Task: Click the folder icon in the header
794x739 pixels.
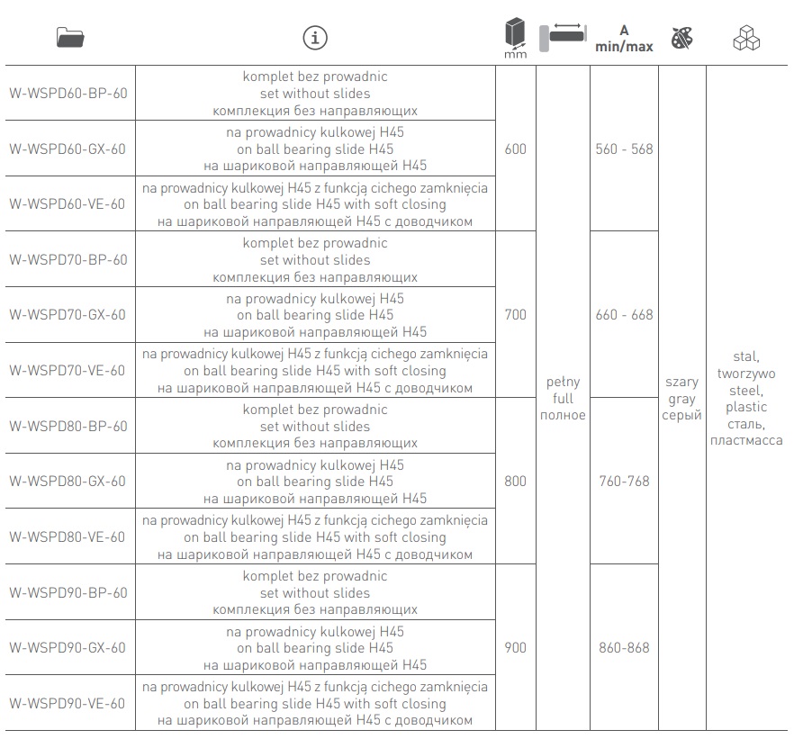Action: pyautogui.click(x=70, y=38)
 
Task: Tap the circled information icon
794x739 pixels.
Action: pyautogui.click(x=315, y=38)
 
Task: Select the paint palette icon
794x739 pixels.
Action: pyautogui.click(x=681, y=38)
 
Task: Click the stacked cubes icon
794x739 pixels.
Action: pyautogui.click(x=746, y=38)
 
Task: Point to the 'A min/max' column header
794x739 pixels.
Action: pyautogui.click(x=624, y=39)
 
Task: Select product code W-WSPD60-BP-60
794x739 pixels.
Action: pyautogui.click(x=68, y=94)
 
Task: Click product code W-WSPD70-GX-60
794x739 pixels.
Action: pyautogui.click(x=68, y=315)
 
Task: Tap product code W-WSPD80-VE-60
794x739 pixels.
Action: pyautogui.click(x=67, y=537)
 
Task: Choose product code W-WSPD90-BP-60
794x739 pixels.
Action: pyautogui.click(x=68, y=592)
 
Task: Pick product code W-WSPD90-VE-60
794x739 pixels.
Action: pyautogui.click(x=67, y=704)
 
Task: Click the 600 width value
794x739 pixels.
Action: pyautogui.click(x=516, y=149)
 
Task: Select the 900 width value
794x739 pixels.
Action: pyautogui.click(x=516, y=648)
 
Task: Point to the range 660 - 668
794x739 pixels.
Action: pyautogui.click(x=625, y=315)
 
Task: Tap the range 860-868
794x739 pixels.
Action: pyautogui.click(x=625, y=648)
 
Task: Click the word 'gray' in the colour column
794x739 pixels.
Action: pyautogui.click(x=681, y=400)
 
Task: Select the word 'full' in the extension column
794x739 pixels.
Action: pyautogui.click(x=564, y=399)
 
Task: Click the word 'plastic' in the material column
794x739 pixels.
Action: pyautogui.click(x=746, y=408)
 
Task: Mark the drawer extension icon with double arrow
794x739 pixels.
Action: pyautogui.click(x=564, y=36)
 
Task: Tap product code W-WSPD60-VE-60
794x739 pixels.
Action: pyautogui.click(x=67, y=204)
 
